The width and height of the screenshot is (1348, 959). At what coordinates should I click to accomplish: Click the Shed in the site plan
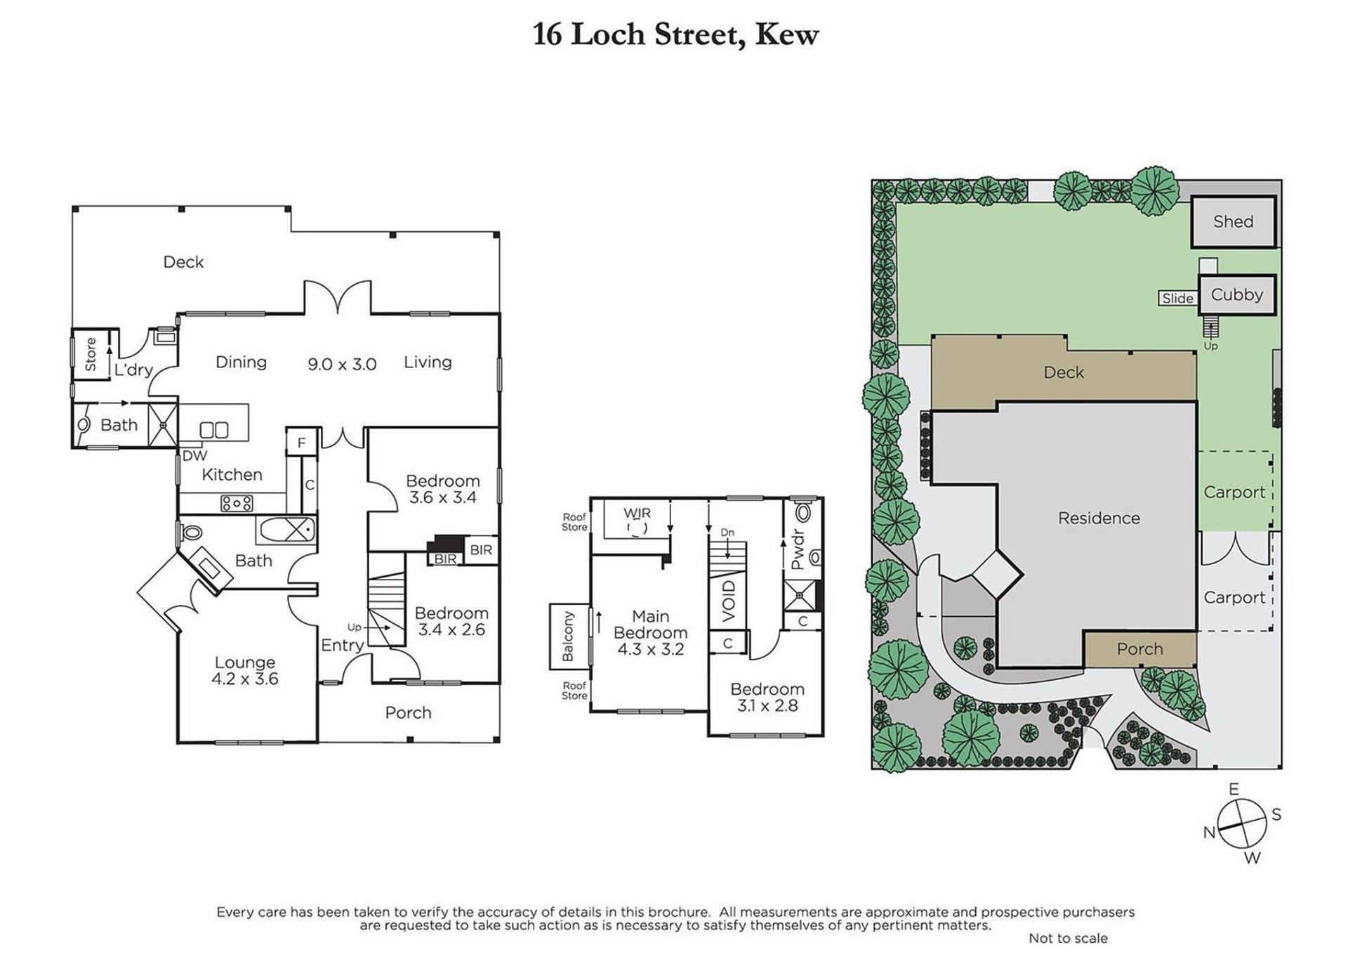point(1233,222)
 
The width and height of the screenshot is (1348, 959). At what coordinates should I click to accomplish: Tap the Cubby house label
point(1236,295)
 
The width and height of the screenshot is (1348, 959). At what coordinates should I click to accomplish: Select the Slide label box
point(1177,299)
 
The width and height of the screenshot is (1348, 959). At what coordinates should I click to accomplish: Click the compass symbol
point(1242,823)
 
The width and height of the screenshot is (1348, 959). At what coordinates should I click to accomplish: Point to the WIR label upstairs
point(637,514)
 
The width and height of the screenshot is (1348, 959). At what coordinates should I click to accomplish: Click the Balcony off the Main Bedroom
point(569,636)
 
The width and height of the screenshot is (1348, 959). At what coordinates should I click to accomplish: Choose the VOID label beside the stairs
point(729,601)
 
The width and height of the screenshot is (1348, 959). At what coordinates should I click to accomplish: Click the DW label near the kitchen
point(194,456)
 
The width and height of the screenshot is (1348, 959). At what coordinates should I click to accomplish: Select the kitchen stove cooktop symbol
point(237,503)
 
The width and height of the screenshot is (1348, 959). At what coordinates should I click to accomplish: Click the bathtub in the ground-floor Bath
point(286,529)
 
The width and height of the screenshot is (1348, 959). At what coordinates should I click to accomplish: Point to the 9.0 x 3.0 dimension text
point(342,365)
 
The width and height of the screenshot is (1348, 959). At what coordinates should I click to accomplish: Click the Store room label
point(91,354)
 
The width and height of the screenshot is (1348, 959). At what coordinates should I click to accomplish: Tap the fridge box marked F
point(302,443)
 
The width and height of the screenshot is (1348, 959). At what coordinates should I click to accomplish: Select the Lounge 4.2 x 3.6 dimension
point(244,679)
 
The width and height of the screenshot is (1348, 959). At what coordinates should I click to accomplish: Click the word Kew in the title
point(786,34)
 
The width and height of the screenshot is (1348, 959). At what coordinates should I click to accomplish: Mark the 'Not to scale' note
point(1068,938)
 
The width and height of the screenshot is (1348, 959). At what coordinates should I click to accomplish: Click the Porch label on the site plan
point(1139,649)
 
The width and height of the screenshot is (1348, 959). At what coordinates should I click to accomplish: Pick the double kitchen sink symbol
point(214,430)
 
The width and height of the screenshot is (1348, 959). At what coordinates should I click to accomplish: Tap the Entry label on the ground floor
point(342,646)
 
